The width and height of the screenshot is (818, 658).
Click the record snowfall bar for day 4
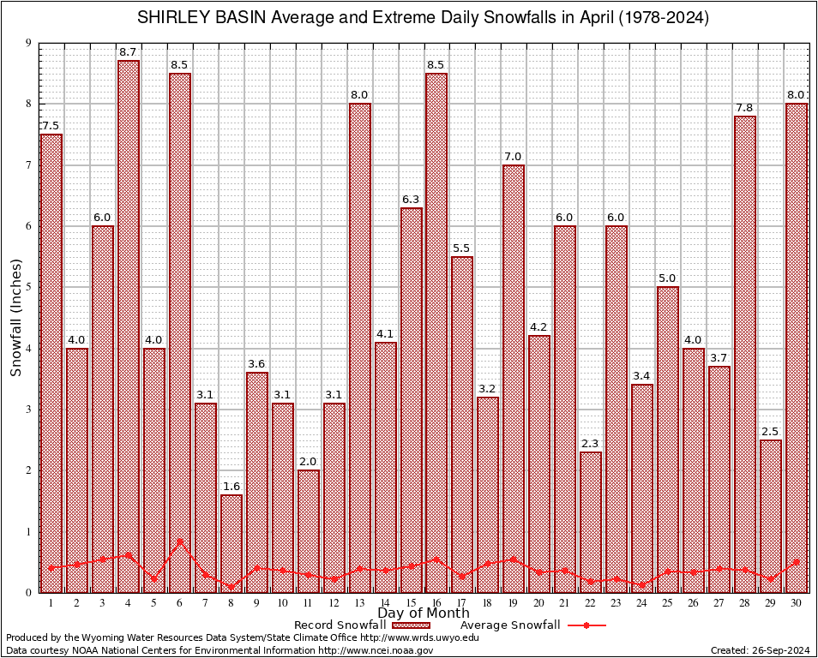(129, 326)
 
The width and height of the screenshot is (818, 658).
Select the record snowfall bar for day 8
(232, 543)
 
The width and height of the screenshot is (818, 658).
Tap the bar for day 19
(514, 377)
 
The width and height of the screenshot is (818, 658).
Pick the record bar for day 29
(771, 515)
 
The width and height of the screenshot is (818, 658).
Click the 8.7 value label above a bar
(129, 53)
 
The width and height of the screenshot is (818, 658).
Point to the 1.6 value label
(232, 487)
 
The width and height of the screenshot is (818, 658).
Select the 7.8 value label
(745, 108)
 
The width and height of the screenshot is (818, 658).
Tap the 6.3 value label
(412, 200)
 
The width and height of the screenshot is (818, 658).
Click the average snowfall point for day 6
(180, 541)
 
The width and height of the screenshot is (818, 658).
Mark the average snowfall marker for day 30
(797, 562)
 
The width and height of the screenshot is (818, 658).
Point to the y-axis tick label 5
(29, 287)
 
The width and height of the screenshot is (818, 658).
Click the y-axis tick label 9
(29, 43)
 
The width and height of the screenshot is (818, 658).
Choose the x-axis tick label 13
(360, 603)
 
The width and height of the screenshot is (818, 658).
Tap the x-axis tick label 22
(591, 603)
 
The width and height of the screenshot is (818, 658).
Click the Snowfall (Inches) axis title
(16, 317)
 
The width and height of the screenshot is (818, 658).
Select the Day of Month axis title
(424, 613)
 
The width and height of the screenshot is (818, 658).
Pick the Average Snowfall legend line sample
(586, 625)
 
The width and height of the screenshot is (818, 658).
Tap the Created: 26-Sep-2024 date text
(760, 650)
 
